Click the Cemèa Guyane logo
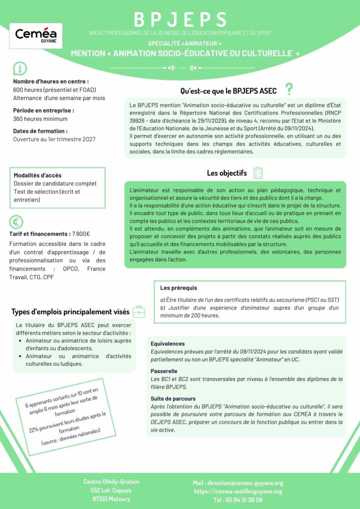click(36, 36)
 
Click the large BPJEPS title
click(180, 19)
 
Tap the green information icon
click(19, 68)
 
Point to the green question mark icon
click(289, 89)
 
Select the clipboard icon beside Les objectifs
click(258, 173)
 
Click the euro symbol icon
click(16, 222)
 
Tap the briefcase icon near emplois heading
click(139, 311)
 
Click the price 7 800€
click(81, 234)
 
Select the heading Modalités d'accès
click(37, 175)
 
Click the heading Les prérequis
click(179, 288)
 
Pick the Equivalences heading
click(168, 344)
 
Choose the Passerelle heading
click(164, 371)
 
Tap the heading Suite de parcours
click(173, 398)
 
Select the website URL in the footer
click(238, 491)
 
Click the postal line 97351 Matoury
click(111, 499)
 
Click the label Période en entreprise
click(44, 111)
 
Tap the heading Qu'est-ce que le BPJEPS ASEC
click(228, 90)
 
